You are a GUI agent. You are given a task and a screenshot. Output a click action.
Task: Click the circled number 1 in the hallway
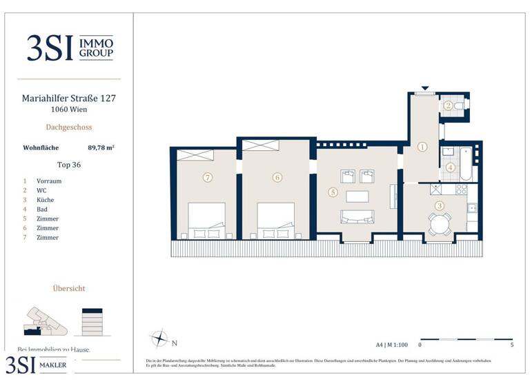[422, 146]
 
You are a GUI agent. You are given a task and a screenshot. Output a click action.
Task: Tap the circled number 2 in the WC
[448, 105]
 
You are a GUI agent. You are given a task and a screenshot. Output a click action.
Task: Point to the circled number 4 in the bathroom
[450, 167]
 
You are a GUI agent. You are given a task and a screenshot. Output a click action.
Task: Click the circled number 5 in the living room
[333, 193]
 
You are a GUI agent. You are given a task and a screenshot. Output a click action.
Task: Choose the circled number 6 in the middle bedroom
[277, 177]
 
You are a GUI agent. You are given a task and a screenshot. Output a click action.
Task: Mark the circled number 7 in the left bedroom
[207, 177]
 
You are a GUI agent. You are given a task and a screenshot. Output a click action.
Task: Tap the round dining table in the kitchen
[439, 223]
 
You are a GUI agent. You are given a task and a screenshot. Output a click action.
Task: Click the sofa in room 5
[357, 217]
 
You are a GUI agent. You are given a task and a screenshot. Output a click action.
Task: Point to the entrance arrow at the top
[424, 88]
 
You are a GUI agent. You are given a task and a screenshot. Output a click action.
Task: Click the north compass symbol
[159, 339]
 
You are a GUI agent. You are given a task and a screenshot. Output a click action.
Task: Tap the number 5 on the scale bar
[511, 344]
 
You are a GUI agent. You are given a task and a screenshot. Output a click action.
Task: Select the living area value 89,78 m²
[101, 147]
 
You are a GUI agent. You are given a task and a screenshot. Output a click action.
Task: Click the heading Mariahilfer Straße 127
[69, 98]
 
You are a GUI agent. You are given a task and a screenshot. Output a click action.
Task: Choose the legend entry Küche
[46, 200]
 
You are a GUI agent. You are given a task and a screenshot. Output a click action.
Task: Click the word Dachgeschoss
[69, 127]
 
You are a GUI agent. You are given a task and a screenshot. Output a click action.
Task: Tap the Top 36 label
[69, 165]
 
